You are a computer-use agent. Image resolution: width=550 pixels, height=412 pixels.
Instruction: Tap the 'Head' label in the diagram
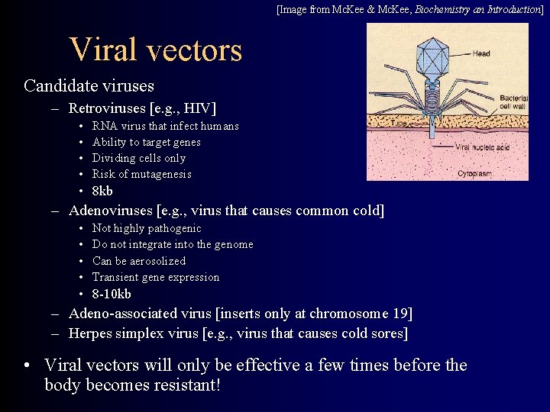(x=481, y=53)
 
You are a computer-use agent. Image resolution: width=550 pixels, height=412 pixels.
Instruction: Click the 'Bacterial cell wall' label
(x=513, y=102)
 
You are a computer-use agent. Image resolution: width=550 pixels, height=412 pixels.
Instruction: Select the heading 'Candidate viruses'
(x=89, y=85)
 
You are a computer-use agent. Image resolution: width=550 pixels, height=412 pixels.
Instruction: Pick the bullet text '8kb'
(x=102, y=191)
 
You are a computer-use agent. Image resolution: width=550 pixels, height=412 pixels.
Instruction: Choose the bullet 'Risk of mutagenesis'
(x=141, y=174)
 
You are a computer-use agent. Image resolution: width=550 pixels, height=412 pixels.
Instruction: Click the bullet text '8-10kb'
(x=112, y=294)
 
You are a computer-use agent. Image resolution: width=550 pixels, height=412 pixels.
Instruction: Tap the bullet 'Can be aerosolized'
(x=138, y=261)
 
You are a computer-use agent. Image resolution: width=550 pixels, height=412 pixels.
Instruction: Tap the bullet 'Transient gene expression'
(x=155, y=277)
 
